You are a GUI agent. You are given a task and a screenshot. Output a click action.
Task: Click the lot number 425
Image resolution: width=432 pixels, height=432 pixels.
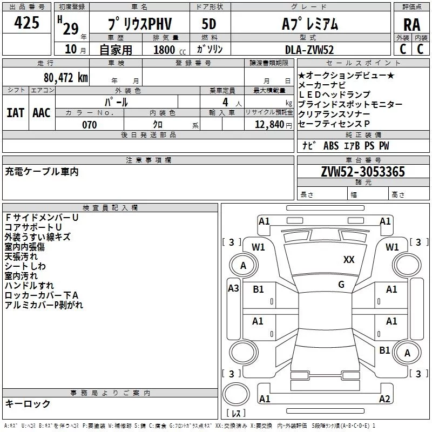point(26,22)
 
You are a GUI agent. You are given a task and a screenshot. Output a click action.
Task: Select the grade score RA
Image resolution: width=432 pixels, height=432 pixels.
point(411,25)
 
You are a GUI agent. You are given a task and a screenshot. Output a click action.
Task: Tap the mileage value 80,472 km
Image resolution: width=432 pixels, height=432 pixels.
point(66,78)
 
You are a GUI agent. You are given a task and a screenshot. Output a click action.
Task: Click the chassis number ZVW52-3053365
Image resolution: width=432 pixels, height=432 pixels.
point(363,171)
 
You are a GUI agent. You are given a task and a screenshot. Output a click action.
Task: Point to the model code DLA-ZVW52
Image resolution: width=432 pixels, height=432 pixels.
point(309,50)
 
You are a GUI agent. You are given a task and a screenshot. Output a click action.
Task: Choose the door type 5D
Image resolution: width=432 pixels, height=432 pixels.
point(209,24)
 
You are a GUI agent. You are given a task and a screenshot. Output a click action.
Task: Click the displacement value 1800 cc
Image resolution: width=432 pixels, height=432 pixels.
point(170,50)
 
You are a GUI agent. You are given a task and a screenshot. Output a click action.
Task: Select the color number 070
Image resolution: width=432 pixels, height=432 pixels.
point(90,125)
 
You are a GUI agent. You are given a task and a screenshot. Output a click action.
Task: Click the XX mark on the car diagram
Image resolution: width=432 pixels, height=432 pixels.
point(349,260)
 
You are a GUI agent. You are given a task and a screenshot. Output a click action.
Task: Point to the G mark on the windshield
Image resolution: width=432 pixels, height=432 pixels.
point(341,285)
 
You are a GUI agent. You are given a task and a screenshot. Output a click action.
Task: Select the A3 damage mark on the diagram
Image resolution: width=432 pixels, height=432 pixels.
point(233,288)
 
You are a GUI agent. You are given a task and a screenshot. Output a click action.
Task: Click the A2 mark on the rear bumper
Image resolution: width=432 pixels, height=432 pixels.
point(384,399)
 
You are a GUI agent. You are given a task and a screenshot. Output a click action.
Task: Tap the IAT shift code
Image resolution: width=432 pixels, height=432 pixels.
point(15,113)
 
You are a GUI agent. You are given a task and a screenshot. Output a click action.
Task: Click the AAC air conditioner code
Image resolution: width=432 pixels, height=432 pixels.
point(42,113)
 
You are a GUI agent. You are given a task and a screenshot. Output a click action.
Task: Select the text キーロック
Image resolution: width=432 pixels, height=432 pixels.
point(28,403)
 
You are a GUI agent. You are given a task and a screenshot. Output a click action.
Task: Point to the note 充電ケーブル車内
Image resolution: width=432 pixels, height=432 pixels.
point(42,172)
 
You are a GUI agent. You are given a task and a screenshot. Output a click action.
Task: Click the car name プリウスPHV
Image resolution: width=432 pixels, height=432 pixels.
point(140,24)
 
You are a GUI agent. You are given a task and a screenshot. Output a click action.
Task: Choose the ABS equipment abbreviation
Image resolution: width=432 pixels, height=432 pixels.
point(331,146)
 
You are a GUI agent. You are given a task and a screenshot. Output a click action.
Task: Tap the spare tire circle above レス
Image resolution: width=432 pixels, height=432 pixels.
point(236,394)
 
